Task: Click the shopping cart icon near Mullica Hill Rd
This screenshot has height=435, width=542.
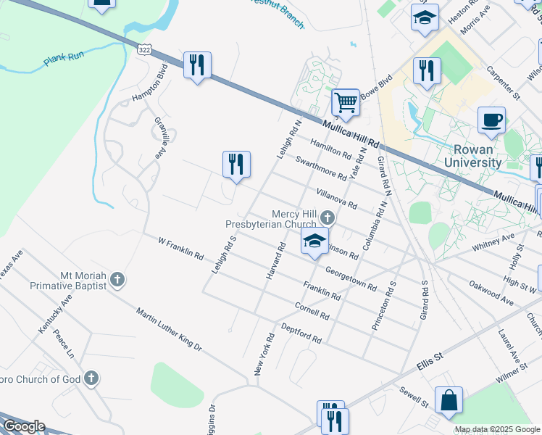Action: tap(346, 102)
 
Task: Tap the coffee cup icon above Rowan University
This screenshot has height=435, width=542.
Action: tap(492, 120)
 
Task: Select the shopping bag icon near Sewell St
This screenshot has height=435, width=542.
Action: tap(449, 400)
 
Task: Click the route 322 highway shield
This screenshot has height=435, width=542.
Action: tap(143, 46)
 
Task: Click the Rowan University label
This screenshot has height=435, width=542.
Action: tap(473, 155)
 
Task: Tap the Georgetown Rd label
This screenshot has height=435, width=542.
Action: tap(351, 277)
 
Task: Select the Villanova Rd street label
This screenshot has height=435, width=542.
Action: tap(336, 199)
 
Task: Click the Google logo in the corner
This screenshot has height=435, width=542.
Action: tap(23, 426)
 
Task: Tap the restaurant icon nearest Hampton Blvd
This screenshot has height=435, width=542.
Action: tap(197, 65)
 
